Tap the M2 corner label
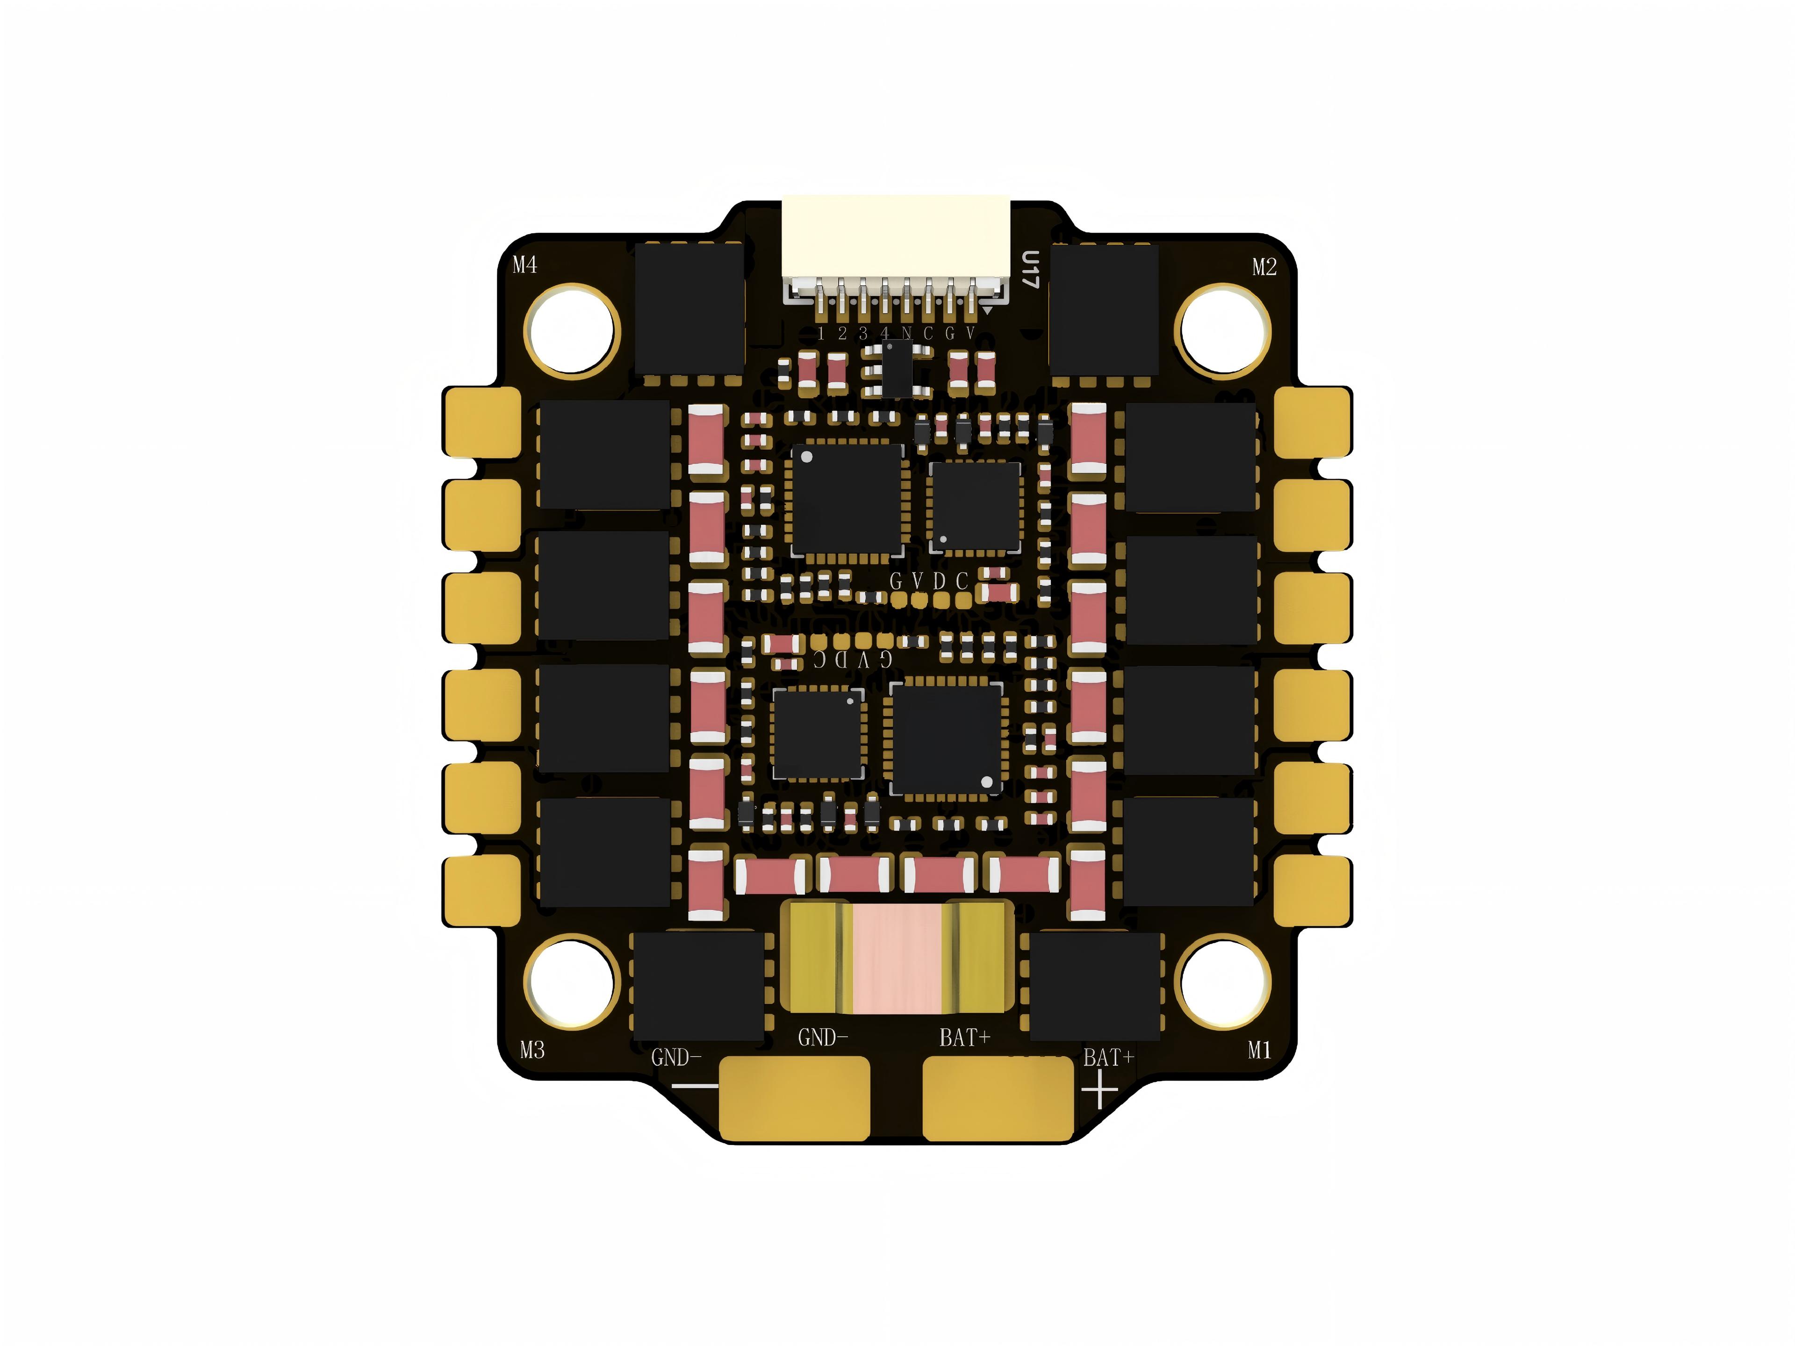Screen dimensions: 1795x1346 click(1264, 267)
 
